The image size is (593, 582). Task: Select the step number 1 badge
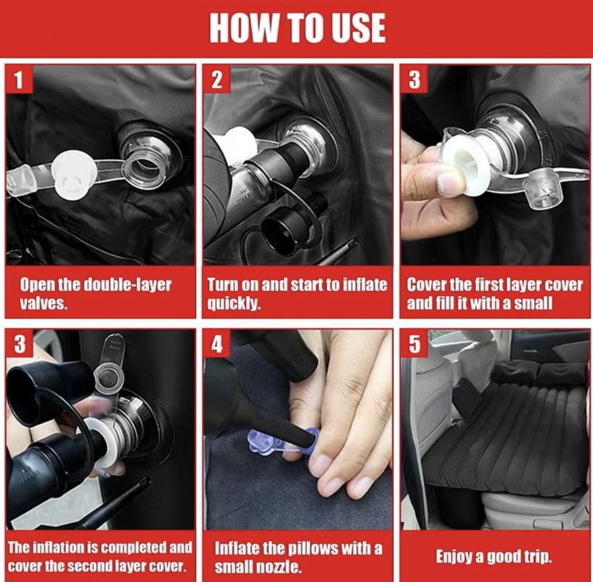pyautogui.click(x=19, y=79)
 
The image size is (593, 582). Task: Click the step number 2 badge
pyautogui.click(x=216, y=79)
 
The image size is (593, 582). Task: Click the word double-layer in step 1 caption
pyautogui.click(x=127, y=285)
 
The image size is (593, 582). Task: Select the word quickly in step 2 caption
pyautogui.click(x=234, y=303)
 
